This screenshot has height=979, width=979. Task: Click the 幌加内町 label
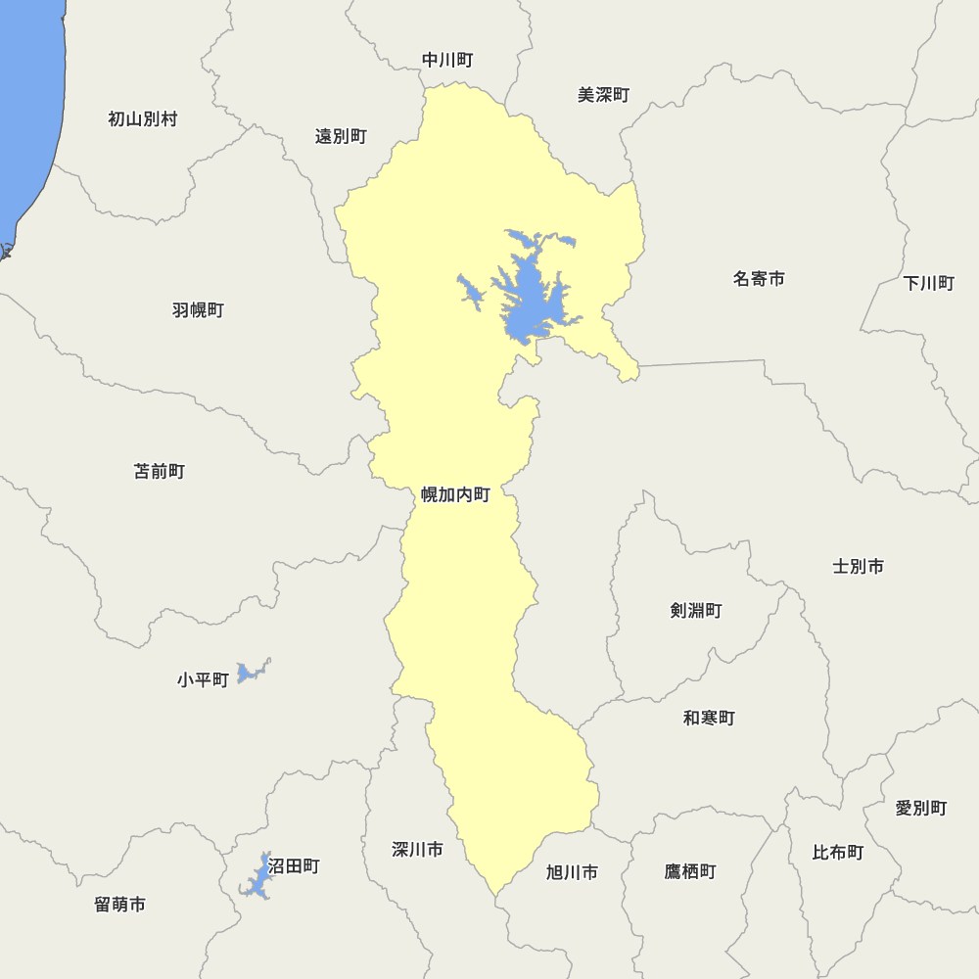(455, 494)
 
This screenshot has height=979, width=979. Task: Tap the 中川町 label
(447, 61)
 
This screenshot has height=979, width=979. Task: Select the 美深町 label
(603, 95)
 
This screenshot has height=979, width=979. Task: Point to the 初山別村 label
(143, 119)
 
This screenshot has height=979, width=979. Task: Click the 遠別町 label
(341, 137)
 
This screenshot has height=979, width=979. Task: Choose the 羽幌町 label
(198, 310)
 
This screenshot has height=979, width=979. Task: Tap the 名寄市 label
(759, 279)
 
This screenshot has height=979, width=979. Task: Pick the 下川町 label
(928, 284)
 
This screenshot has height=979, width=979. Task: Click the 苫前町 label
(159, 472)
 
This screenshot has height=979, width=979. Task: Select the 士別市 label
(859, 566)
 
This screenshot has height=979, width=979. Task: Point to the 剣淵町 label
(696, 611)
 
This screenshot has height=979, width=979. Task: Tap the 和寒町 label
(709, 718)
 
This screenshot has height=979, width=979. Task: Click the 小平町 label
(203, 679)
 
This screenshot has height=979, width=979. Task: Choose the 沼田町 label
(294, 866)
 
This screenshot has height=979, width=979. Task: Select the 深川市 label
(417, 849)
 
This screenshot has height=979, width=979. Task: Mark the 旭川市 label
(572, 872)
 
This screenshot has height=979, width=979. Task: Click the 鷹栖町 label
(690, 871)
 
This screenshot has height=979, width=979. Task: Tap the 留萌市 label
(120, 905)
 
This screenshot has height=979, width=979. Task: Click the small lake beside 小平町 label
(252, 672)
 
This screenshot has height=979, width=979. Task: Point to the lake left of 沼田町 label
(257, 878)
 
